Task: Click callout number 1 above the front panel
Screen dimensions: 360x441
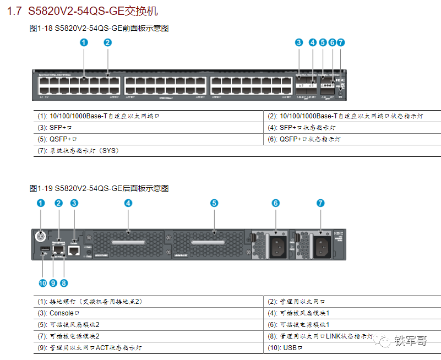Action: (x=84, y=42)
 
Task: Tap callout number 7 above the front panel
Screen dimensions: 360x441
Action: (x=341, y=42)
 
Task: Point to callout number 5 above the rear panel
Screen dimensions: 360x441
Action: (x=214, y=203)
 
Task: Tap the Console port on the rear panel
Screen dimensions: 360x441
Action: (x=74, y=250)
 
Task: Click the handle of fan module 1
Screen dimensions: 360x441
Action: (x=128, y=243)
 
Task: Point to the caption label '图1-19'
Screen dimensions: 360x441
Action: (x=41, y=188)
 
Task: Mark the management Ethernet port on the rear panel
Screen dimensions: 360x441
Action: (x=58, y=249)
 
